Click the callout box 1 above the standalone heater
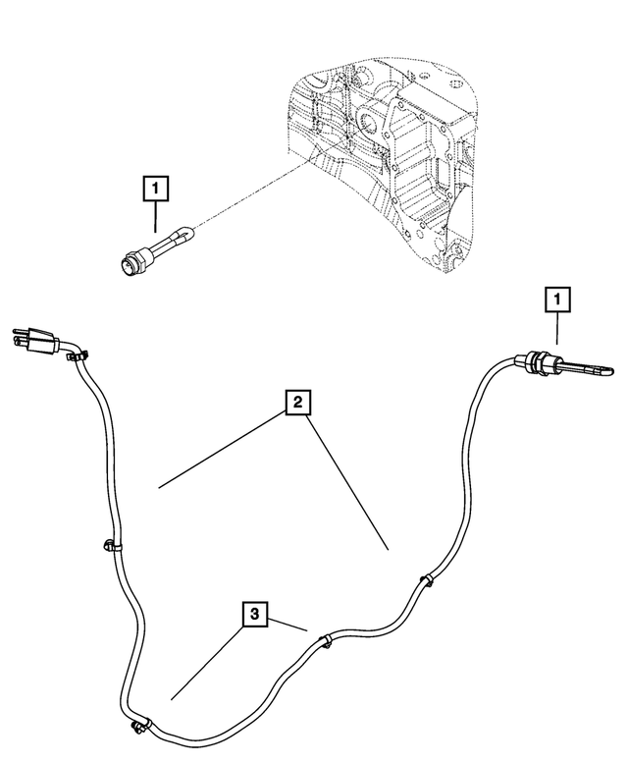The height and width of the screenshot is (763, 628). (x=156, y=189)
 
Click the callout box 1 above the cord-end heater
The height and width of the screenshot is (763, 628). (x=557, y=300)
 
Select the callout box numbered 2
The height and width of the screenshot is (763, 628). (x=297, y=403)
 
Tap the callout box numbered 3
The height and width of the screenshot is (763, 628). (x=255, y=614)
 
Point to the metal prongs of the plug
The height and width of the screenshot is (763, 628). (x=20, y=338)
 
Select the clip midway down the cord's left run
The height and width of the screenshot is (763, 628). (x=112, y=546)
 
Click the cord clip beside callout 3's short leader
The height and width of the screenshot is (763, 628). (x=325, y=641)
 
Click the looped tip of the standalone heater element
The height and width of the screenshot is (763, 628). (x=187, y=233)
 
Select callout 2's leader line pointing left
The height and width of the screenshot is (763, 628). (x=222, y=450)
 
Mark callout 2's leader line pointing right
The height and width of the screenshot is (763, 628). (x=347, y=482)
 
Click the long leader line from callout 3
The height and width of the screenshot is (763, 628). (x=207, y=663)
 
